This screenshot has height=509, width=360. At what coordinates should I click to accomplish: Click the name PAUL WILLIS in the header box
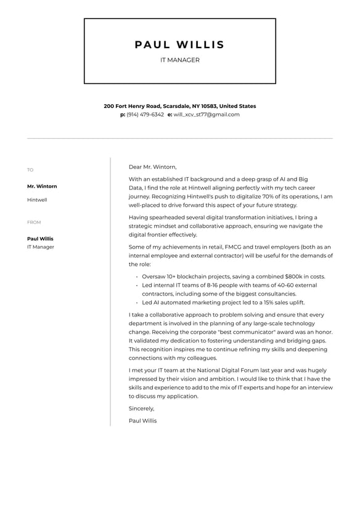[179, 44]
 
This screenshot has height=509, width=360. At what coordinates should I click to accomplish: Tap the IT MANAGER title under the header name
[179, 60]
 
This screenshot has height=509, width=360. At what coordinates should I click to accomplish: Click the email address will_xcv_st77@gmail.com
[206, 115]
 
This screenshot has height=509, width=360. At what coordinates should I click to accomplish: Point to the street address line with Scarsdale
[179, 106]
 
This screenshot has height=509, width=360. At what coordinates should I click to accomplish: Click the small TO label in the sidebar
[30, 170]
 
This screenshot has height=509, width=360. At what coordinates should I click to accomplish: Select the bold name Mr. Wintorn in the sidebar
[42, 186]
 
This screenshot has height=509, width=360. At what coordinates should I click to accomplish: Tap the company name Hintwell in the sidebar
[37, 200]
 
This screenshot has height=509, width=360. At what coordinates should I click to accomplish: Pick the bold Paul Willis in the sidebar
[40, 239]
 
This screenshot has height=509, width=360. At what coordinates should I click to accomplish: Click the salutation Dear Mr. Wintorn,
[152, 167]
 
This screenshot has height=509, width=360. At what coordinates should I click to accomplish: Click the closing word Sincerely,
[141, 408]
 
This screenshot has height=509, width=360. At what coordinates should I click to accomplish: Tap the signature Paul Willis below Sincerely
[142, 421]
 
